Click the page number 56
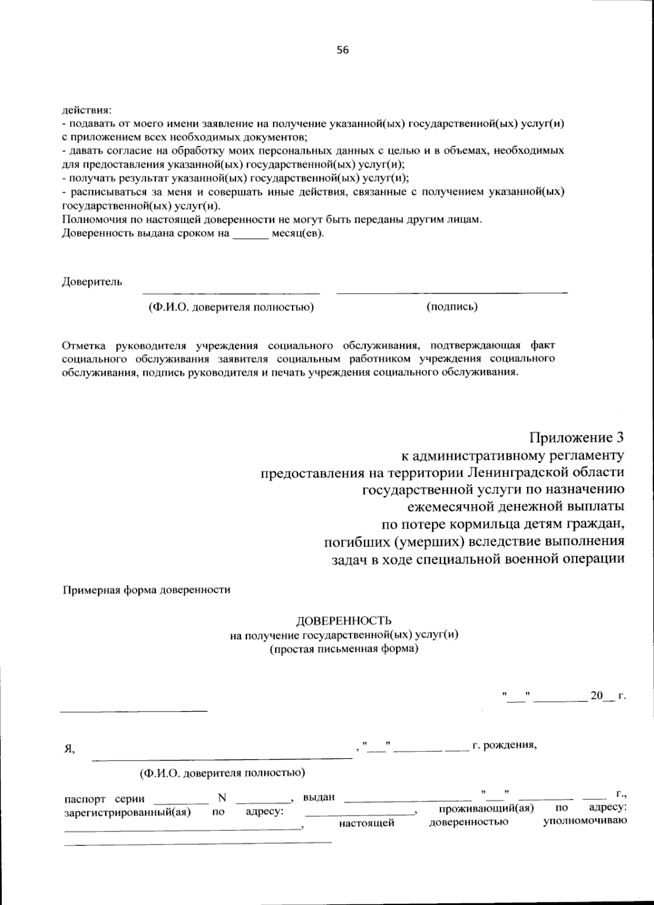point(342,50)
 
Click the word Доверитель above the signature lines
point(92,282)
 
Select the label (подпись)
point(452,306)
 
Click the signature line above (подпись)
point(452,293)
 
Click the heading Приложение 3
point(576,438)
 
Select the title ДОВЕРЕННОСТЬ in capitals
point(343,621)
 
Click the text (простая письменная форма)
point(343,649)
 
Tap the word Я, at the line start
point(70,749)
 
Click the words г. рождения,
point(504,745)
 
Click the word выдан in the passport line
point(319,798)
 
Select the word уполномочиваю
point(585,821)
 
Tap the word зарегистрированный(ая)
point(127,812)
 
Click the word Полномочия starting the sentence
point(91,220)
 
